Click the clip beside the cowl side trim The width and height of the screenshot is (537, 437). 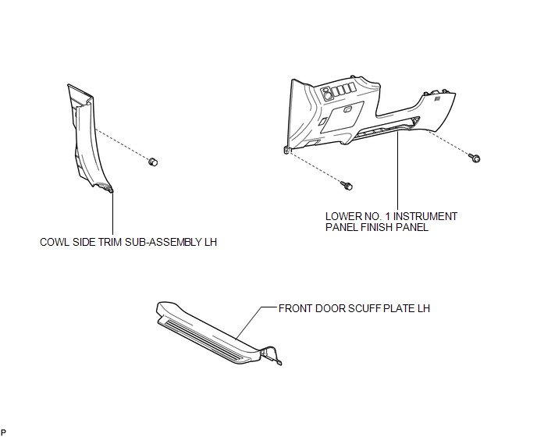(153, 161)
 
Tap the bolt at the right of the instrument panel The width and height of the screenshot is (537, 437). (475, 158)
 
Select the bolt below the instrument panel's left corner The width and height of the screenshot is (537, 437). (348, 186)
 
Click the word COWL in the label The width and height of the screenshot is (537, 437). (54, 243)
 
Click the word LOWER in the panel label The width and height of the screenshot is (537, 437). (342, 216)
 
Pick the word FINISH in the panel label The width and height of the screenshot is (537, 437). (375, 228)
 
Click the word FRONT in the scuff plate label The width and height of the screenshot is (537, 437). (295, 308)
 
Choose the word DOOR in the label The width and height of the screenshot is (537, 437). (329, 308)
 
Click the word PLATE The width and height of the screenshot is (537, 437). (398, 308)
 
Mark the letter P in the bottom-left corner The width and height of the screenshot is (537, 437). (5, 431)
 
